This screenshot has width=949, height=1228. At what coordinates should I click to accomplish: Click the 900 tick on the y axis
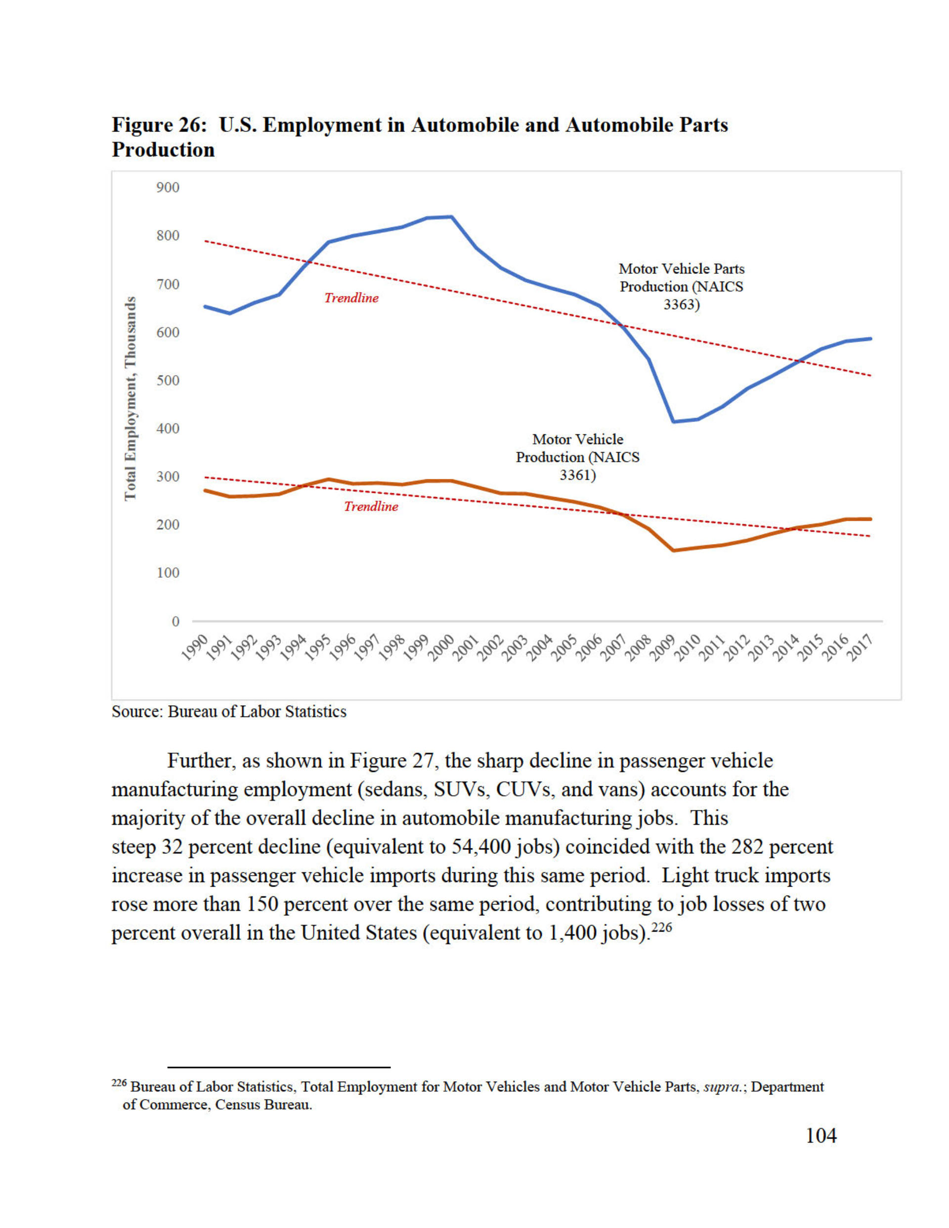tap(168, 187)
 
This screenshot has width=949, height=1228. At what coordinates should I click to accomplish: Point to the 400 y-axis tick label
tap(168, 428)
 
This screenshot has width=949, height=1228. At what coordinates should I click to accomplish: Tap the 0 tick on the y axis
tap(175, 621)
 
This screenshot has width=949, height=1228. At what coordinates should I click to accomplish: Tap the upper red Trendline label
tap(351, 298)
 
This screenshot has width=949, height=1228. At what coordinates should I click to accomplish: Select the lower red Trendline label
tap(371, 507)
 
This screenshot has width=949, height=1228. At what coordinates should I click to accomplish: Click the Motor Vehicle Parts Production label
tap(681, 286)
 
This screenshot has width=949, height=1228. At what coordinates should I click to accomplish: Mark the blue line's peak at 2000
tap(452, 216)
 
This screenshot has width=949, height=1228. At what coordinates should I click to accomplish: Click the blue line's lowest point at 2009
tap(673, 421)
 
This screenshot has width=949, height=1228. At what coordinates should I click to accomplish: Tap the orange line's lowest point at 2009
tap(673, 550)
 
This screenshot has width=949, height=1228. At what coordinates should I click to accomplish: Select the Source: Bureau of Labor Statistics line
tap(229, 712)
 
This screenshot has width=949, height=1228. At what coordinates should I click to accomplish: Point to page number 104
tap(821, 1136)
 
